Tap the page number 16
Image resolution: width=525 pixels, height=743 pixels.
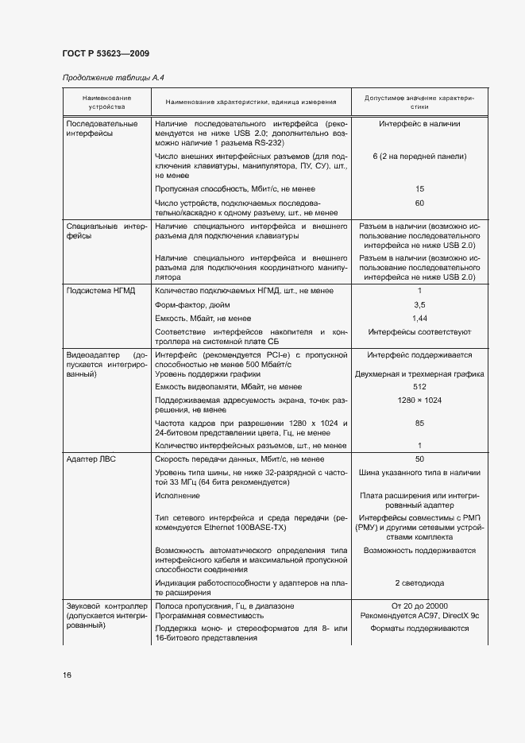pyautogui.click(x=68, y=675)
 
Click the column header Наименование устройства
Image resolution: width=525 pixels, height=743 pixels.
pyautogui.click(x=106, y=101)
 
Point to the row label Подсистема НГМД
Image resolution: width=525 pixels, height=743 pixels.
pyautogui.click(x=101, y=291)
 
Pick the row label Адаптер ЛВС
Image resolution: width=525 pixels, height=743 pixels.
pyautogui.click(x=91, y=459)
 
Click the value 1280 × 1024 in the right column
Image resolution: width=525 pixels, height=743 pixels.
pyautogui.click(x=419, y=400)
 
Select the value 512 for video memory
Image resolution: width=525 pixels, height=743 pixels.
pyautogui.click(x=419, y=387)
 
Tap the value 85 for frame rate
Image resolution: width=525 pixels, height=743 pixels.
pyautogui.click(x=419, y=424)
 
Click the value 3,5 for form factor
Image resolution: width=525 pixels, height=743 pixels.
pyautogui.click(x=419, y=304)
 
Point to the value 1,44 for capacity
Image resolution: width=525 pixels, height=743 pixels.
pyautogui.click(x=419, y=318)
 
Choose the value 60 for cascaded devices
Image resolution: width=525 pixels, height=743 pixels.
pyautogui.click(x=419, y=203)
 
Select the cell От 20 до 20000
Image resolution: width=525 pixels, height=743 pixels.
pyautogui.click(x=419, y=606)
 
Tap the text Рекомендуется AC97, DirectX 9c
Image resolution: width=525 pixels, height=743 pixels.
pyautogui.click(x=419, y=616)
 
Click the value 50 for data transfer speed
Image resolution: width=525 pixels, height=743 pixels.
pyautogui.click(x=419, y=459)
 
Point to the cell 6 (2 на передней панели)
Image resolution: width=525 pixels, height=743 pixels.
pyautogui.click(x=419, y=157)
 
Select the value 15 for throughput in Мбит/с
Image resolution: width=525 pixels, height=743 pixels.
pyautogui.click(x=419, y=189)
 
